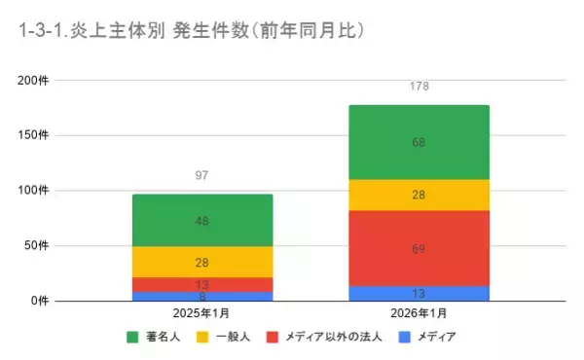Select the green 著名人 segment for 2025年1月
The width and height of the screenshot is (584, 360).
point(202,220)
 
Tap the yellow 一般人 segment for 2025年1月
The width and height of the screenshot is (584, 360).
point(202,262)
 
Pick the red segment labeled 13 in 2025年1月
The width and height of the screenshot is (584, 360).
point(202,284)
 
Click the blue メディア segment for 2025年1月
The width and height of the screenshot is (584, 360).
point(202,296)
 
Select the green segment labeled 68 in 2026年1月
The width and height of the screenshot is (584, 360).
point(419,142)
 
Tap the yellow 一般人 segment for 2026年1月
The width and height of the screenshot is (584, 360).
point(419,195)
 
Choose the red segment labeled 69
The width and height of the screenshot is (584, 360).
point(419,248)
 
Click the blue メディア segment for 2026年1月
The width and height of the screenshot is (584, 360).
point(419,293)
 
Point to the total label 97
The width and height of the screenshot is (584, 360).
point(202,175)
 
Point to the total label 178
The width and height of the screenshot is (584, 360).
point(419,87)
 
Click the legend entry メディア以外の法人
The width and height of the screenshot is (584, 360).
point(327,338)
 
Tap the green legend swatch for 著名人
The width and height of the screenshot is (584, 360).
point(132,338)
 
